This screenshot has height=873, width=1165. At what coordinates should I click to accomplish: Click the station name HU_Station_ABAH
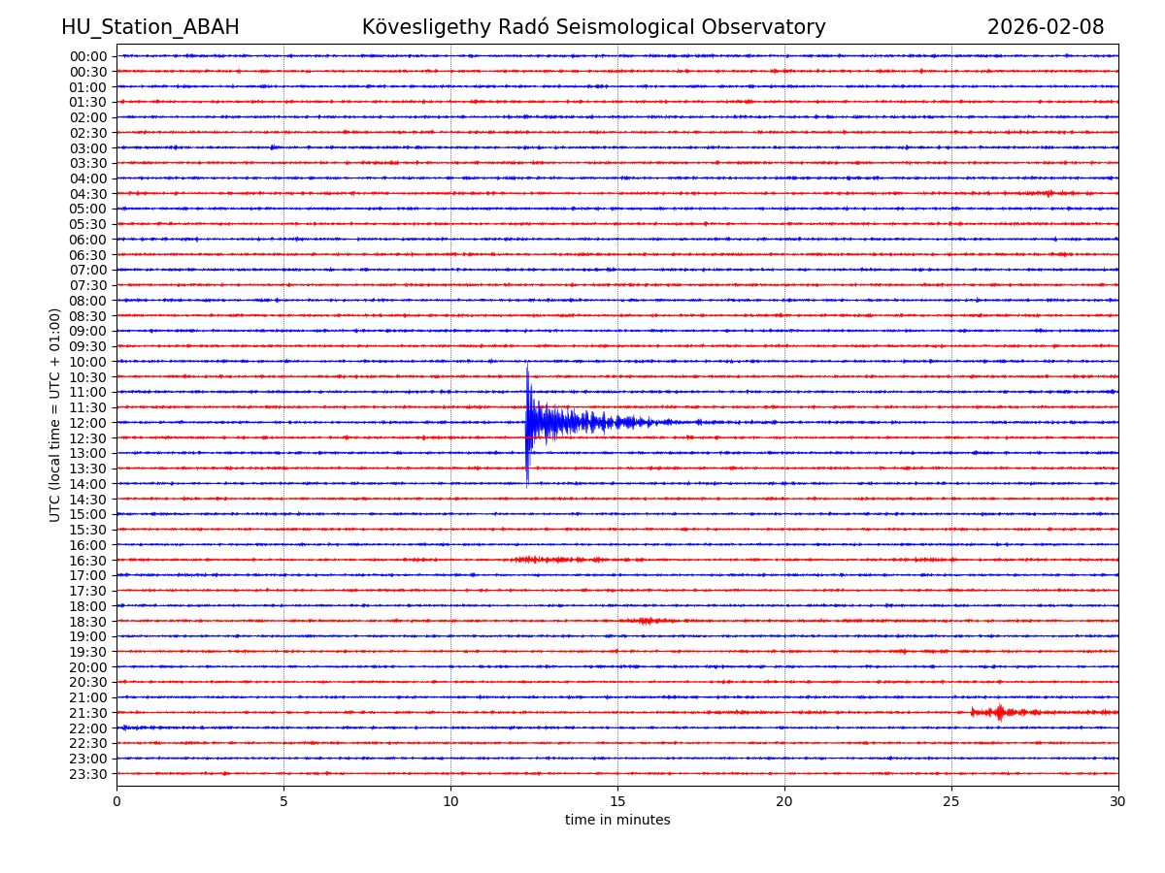tap(150, 28)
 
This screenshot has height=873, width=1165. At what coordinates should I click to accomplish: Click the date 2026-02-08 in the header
tap(1046, 28)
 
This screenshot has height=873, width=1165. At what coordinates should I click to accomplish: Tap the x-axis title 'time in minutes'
tap(617, 821)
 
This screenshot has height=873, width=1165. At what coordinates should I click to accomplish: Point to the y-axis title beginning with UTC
tap(55, 414)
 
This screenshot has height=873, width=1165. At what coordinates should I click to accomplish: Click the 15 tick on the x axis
tap(617, 802)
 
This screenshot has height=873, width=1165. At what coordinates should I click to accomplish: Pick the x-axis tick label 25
tap(951, 802)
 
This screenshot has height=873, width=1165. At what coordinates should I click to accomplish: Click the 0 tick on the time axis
tap(116, 802)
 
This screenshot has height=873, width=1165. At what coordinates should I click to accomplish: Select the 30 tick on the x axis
tap(1118, 802)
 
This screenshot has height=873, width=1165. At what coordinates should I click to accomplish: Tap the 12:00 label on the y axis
tap(87, 423)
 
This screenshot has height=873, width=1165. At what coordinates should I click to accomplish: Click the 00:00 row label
tap(87, 56)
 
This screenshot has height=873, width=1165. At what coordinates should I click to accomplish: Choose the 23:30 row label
tap(87, 774)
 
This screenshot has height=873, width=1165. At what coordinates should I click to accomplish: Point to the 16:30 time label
tap(87, 561)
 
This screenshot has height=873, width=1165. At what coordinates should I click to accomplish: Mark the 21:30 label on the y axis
tap(87, 713)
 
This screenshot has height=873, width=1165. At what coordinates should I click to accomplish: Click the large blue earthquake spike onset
tap(527, 421)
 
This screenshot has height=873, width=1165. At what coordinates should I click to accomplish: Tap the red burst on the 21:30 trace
tap(1000, 713)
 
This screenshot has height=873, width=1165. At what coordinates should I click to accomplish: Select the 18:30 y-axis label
tap(87, 622)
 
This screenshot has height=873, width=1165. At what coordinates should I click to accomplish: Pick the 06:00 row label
tap(87, 240)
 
